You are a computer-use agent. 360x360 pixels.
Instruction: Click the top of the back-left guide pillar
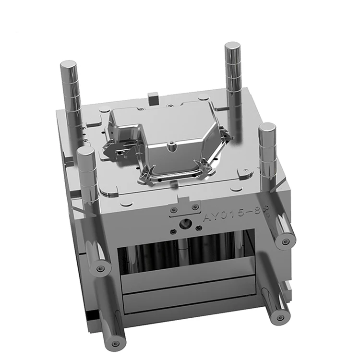[69, 65]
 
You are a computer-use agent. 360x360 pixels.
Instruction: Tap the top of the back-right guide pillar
[232, 46]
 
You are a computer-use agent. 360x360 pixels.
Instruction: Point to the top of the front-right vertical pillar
[267, 127]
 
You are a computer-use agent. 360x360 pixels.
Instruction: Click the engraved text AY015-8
[233, 214]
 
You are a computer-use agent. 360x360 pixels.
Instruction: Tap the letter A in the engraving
[208, 218]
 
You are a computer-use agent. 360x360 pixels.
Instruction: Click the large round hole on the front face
[184, 223]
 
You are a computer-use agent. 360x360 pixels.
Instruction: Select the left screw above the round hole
[174, 210]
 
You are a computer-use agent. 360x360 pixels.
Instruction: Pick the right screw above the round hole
[195, 207]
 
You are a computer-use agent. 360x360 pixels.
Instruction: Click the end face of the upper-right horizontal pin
[287, 240]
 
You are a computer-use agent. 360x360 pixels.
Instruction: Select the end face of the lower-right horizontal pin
[281, 315]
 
